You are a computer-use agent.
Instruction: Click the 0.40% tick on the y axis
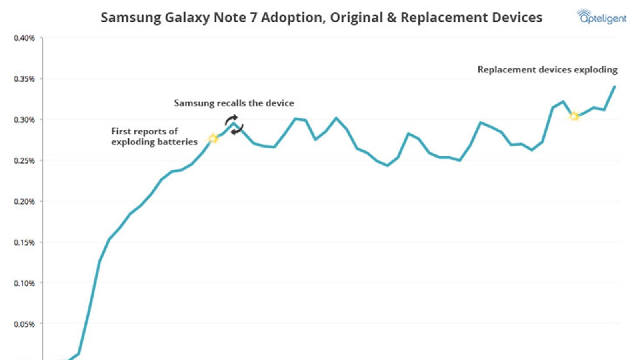point(24,38)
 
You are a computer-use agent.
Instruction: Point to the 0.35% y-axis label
point(24,79)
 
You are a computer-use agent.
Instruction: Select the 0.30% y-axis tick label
point(24,120)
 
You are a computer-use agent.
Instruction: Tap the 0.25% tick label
point(24,160)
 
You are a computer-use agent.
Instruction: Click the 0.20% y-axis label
point(24,201)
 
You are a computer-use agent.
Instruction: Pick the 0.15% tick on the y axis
point(24,242)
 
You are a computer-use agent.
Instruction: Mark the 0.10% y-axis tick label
point(24,283)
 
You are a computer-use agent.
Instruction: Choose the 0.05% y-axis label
point(24,324)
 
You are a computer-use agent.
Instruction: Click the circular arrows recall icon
point(234,124)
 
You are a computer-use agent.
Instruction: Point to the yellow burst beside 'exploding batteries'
point(213,138)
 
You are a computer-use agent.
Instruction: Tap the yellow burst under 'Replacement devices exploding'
point(574,116)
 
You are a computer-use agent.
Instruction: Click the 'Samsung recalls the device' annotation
point(234,103)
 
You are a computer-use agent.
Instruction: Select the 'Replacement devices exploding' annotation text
point(547,70)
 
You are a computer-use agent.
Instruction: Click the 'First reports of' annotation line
point(144,131)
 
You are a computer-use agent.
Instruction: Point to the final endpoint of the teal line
point(614,86)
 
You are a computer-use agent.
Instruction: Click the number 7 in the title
point(253,18)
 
